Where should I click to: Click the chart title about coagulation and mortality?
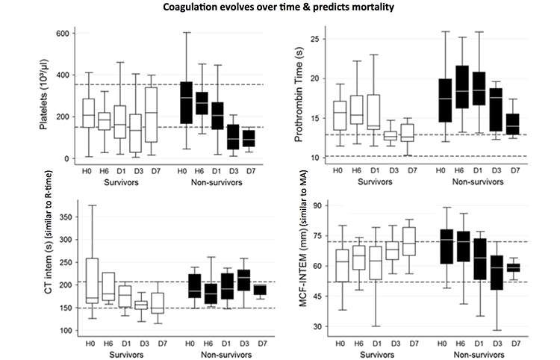coord(279,8)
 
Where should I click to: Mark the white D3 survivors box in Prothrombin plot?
coord(390,135)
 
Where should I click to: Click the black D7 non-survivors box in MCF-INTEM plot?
coord(514,267)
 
